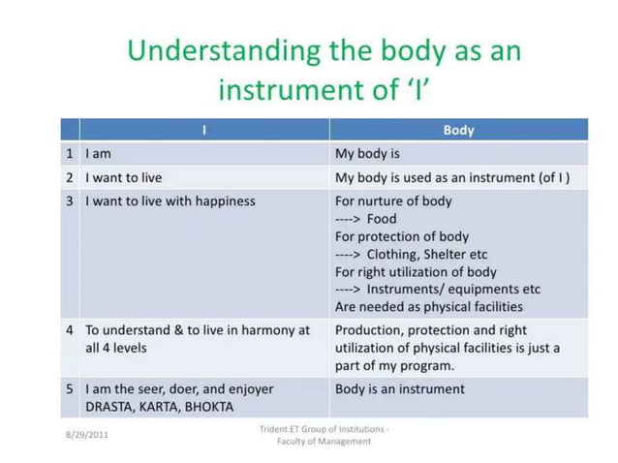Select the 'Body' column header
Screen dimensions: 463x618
point(458,130)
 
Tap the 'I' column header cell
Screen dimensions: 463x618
point(204,130)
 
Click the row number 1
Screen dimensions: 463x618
point(70,153)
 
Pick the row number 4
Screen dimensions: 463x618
point(70,330)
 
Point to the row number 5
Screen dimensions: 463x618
point(70,389)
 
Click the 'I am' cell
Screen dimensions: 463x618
point(99,153)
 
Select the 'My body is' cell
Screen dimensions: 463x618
point(367,153)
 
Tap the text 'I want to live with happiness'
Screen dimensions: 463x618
point(170,201)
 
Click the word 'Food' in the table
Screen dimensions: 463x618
point(382,219)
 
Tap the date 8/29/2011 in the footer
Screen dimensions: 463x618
point(86,434)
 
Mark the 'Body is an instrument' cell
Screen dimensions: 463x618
point(399,389)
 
